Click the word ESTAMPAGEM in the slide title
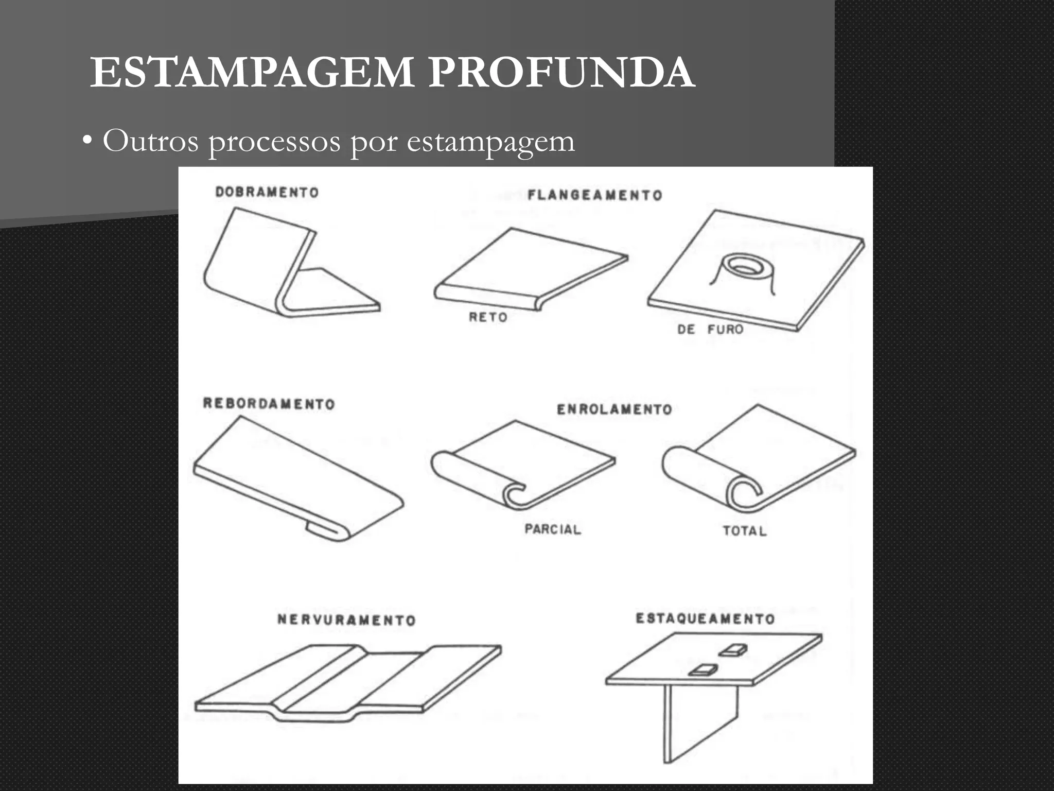point(252,73)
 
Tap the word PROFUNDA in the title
point(561,73)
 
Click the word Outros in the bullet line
point(150,141)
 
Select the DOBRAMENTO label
point(267,193)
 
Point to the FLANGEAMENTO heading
point(595,196)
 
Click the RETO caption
point(488,317)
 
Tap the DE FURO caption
point(710,329)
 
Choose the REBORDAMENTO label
point(269,404)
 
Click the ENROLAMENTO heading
point(614,409)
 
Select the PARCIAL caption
point(553,529)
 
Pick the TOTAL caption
point(745,531)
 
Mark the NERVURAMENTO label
point(346,620)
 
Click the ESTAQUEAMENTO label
point(705,618)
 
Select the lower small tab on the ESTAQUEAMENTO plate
point(704,669)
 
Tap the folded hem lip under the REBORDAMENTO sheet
point(324,530)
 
